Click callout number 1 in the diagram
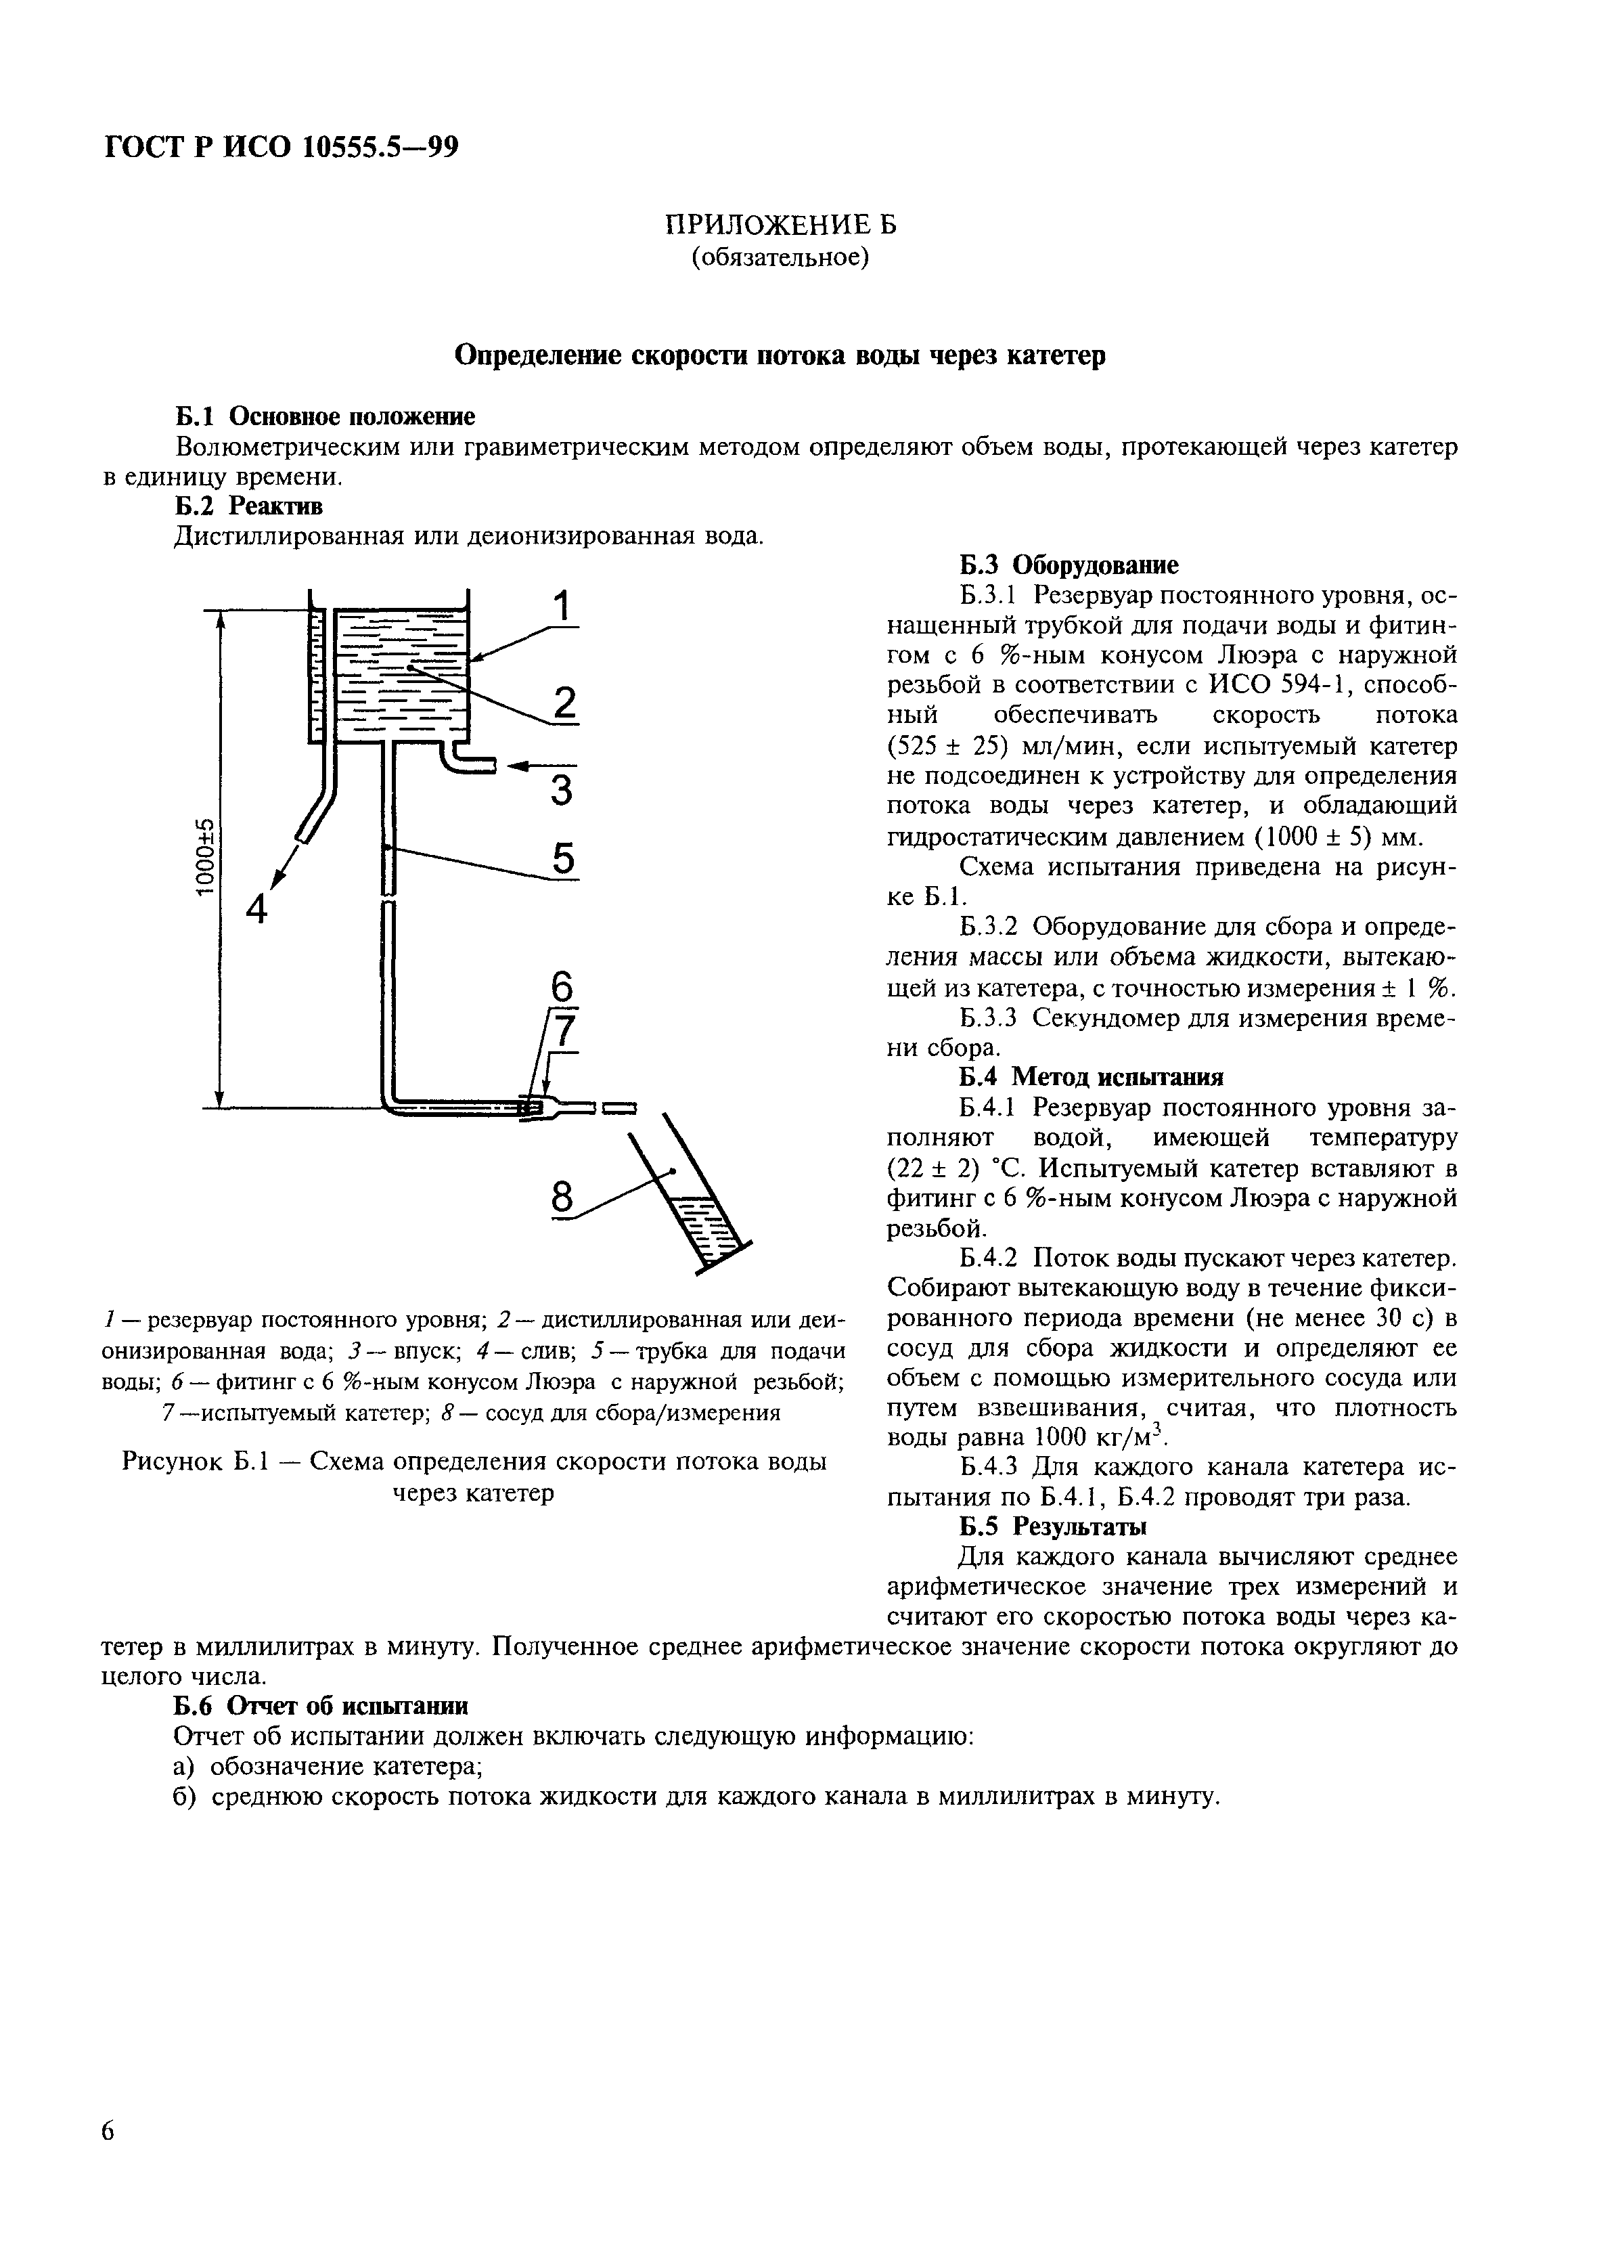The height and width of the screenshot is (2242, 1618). point(562,607)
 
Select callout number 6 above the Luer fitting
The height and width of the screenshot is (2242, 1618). point(560,988)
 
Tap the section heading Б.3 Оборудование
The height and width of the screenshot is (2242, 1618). point(1069,565)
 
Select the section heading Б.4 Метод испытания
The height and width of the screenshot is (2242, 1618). point(1092,1076)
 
